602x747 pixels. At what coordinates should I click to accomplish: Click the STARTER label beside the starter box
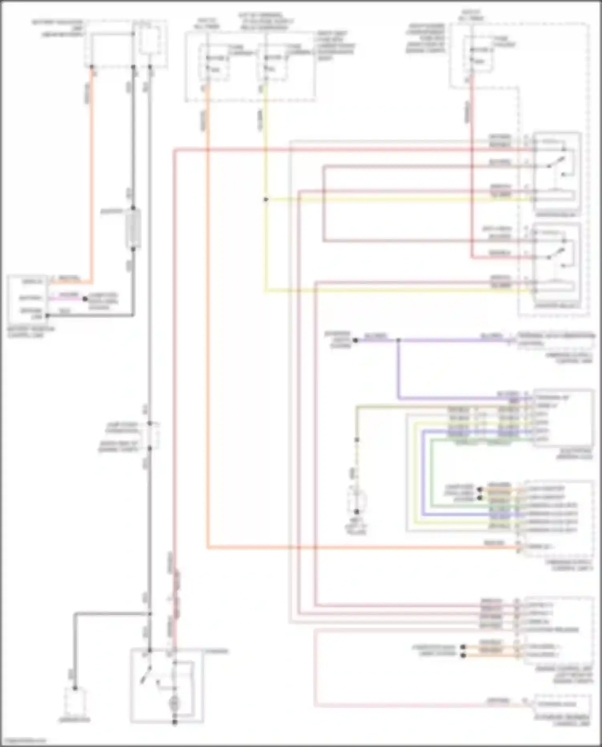[217, 651]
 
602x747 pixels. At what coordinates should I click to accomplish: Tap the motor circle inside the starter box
[175, 702]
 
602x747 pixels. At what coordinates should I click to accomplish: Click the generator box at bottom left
[75, 702]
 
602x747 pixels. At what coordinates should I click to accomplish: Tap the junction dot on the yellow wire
[265, 199]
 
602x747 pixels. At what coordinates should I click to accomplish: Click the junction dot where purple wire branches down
[398, 340]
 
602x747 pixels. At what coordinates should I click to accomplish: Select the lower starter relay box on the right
[557, 265]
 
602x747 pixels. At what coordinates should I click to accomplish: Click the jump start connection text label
[122, 427]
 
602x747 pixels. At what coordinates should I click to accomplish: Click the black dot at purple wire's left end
[355, 340]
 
